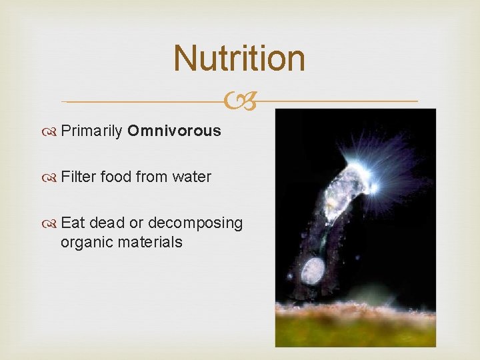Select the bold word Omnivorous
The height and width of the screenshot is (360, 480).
click(174, 131)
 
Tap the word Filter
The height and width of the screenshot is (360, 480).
click(79, 177)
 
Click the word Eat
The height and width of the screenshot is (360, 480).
click(73, 223)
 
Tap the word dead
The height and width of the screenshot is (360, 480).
click(107, 223)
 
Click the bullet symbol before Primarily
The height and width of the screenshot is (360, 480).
click(52, 131)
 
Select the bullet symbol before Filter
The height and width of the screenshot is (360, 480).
click(52, 177)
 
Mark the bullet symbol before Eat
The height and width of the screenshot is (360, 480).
click(52, 223)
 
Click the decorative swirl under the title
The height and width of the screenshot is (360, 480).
click(240, 101)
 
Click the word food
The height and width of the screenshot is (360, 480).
click(117, 177)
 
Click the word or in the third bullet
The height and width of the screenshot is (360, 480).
click(136, 223)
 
